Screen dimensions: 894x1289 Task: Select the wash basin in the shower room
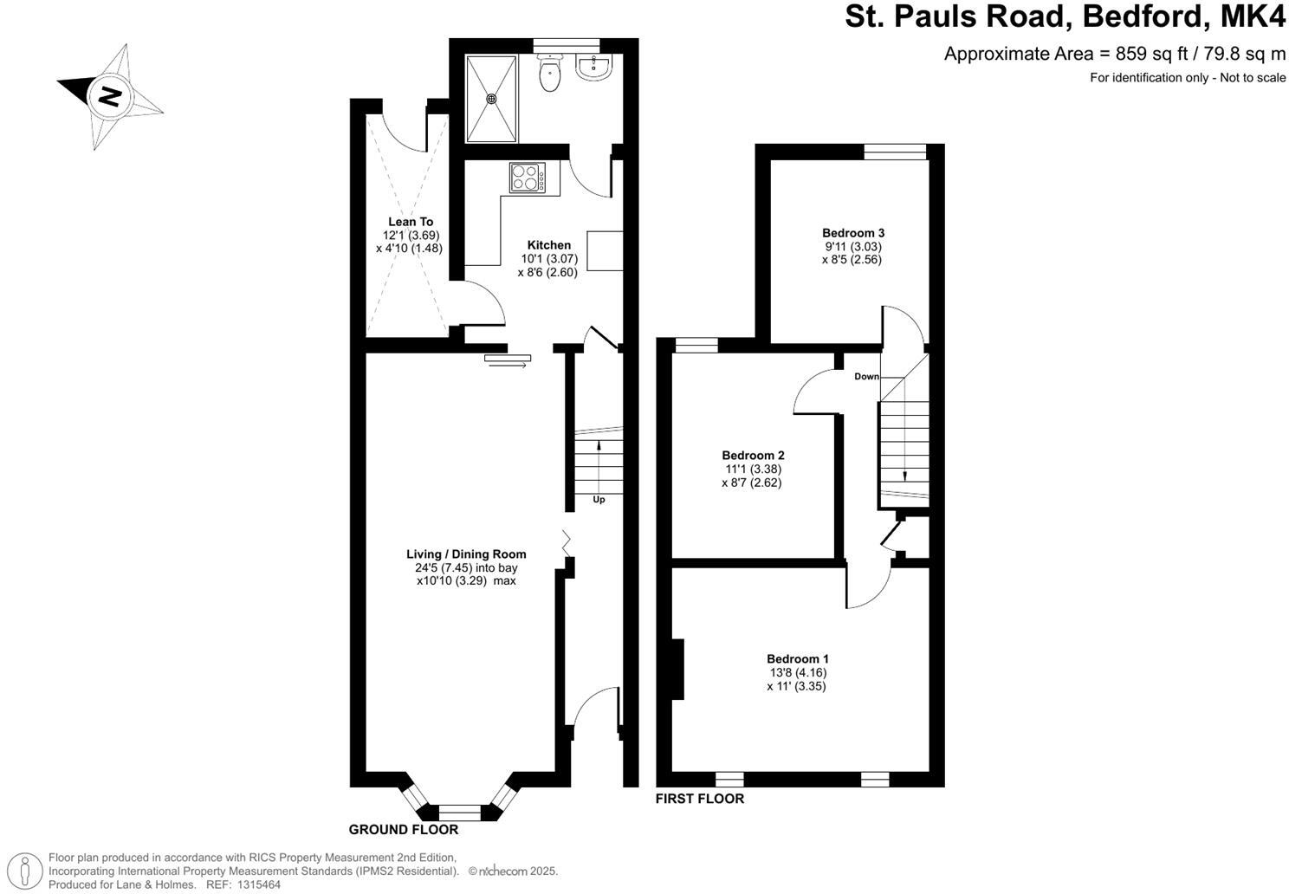[595, 68]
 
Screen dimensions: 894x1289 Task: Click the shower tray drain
[492, 98]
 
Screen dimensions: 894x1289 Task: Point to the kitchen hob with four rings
[527, 178]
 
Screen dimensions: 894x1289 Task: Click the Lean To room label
[411, 222]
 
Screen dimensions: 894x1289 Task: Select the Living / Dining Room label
[466, 554]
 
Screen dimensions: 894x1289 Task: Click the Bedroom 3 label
[852, 233]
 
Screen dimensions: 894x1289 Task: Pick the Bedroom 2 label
[753, 456]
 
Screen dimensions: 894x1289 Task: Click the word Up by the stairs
[599, 500]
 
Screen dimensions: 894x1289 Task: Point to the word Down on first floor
[866, 377]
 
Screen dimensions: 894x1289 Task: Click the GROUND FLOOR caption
[403, 830]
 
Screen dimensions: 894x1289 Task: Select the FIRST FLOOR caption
[699, 799]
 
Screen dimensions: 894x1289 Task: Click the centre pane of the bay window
[459, 813]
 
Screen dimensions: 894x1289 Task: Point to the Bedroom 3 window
[895, 152]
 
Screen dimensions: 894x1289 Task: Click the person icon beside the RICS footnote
[28, 869]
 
